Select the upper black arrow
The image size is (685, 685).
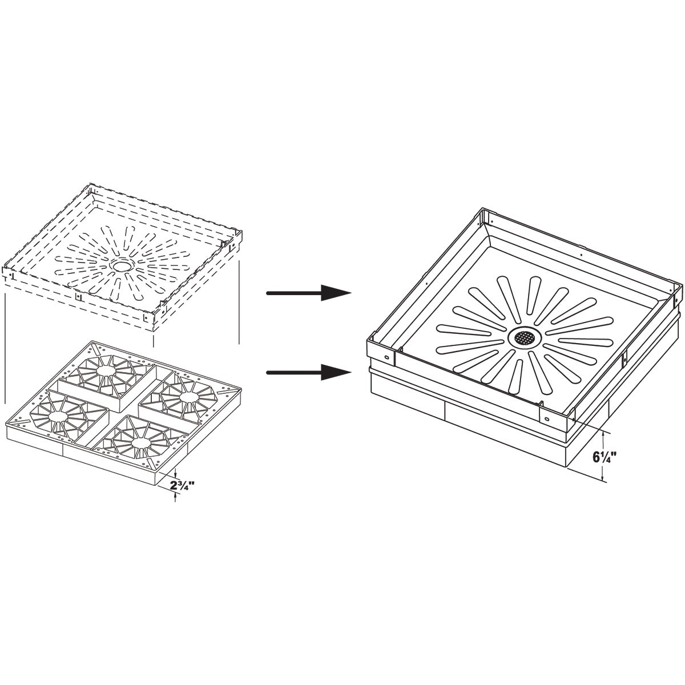tap(309, 293)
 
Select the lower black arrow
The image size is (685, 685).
tap(309, 372)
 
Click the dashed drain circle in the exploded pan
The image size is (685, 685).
tap(123, 265)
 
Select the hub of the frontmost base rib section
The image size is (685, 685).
tap(140, 442)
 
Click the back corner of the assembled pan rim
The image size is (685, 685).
tap(481, 208)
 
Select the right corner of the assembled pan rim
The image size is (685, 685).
tap(682, 284)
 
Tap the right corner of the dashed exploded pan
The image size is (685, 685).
tap(241, 231)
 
